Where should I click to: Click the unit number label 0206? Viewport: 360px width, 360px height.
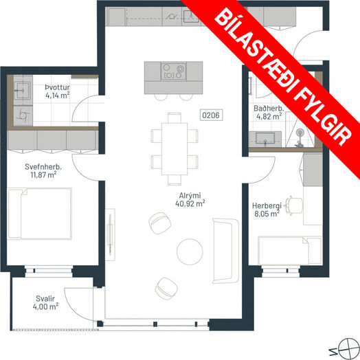click(x=211, y=115)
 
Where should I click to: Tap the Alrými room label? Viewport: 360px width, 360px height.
click(x=190, y=196)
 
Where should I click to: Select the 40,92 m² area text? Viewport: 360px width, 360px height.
click(x=190, y=203)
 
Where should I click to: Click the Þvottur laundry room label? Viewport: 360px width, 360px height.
click(x=58, y=87)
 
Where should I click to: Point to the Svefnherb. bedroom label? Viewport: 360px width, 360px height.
click(x=43, y=167)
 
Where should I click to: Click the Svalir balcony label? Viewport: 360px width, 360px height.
click(x=45, y=298)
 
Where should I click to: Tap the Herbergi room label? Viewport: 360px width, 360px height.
click(x=267, y=205)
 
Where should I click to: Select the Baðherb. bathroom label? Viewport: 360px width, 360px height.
click(x=269, y=108)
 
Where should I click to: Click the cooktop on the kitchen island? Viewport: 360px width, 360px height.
click(x=173, y=71)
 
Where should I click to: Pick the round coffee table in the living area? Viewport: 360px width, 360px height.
click(x=190, y=251)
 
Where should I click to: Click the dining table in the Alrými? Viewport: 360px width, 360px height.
click(x=175, y=149)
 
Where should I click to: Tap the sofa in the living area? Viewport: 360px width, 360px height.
click(x=226, y=251)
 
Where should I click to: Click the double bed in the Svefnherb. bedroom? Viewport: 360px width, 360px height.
click(x=39, y=214)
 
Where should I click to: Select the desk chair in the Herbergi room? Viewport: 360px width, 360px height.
click(x=294, y=205)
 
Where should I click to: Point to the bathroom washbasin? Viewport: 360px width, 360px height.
click(x=265, y=139)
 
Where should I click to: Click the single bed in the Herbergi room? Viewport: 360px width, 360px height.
click(x=290, y=251)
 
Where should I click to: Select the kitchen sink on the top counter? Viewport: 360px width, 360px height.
click(x=191, y=16)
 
